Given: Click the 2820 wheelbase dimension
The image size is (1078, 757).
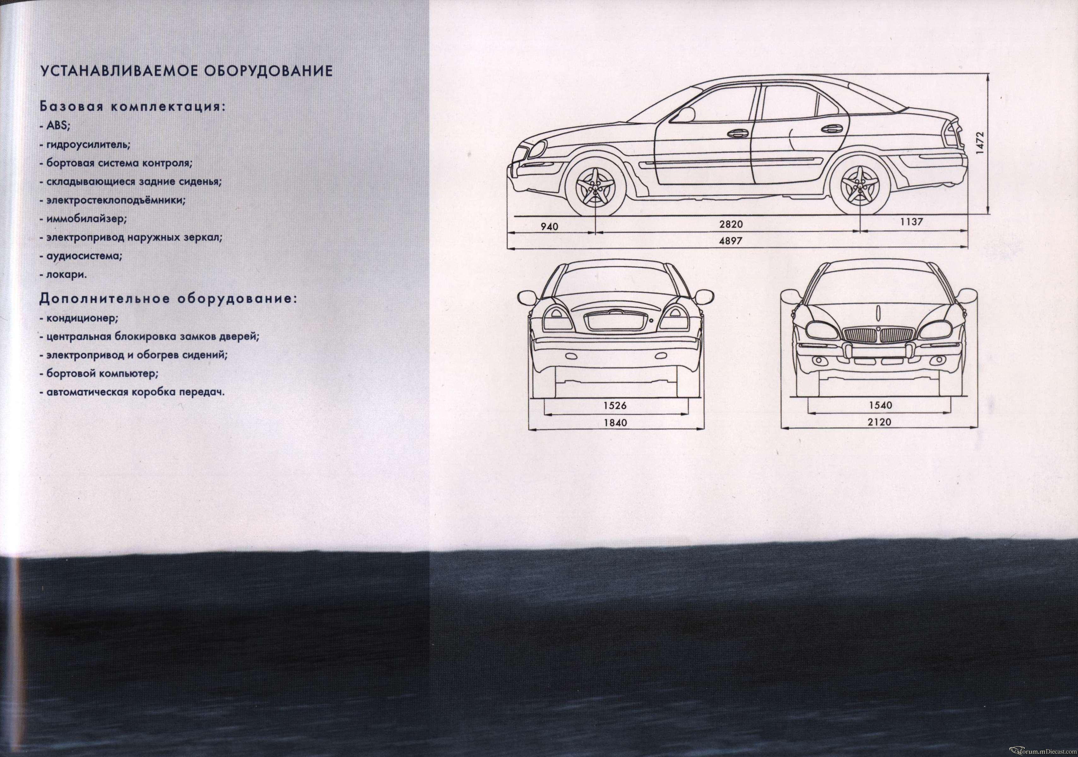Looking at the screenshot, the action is (x=731, y=225).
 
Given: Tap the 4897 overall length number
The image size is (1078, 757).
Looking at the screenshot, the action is (x=731, y=241).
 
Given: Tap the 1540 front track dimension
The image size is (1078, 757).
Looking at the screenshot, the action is (x=880, y=405).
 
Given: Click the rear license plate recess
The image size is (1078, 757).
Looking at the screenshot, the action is (x=616, y=321).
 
